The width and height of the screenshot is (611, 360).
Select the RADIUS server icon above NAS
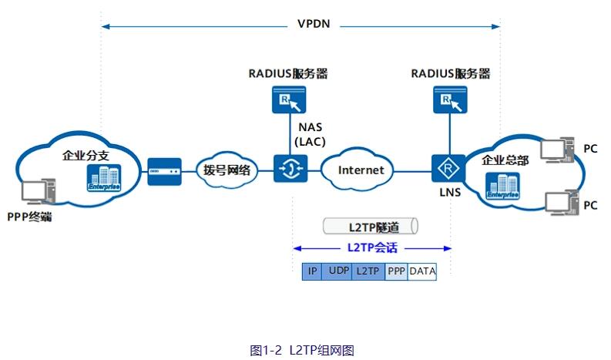pos(288,99)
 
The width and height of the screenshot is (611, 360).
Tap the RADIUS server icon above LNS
pos(451,99)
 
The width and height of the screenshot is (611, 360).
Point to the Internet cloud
pos(361,170)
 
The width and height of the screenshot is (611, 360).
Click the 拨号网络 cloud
pos(227,170)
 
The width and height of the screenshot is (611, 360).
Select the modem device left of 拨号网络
pos(165,167)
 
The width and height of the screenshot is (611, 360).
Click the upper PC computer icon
pos(559,150)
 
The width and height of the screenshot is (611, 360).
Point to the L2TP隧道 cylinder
pos(370,227)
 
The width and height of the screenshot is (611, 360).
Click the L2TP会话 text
pos(372,248)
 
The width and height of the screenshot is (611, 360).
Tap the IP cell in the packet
pos(312,271)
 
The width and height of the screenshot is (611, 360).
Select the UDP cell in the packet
pos(337,271)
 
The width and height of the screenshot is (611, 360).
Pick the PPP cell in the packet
pos(396,271)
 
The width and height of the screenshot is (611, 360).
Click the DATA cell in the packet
pos(422,271)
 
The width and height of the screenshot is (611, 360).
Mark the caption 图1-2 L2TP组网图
pos(302,349)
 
